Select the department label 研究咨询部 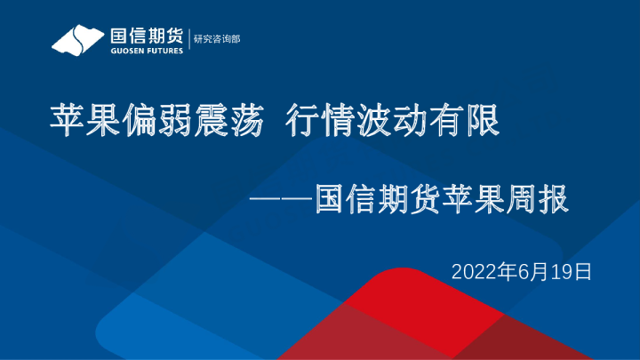coord(217,40)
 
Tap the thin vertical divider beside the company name coord(188,41)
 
